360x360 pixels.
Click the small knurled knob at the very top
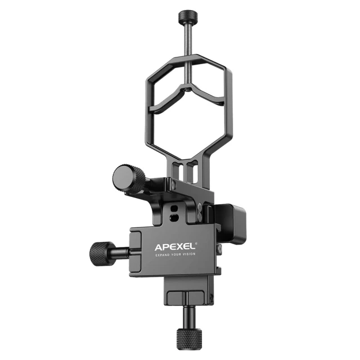[x=187, y=16]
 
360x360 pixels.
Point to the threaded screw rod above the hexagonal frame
[x=187, y=38]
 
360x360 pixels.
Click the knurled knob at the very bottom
[x=189, y=339]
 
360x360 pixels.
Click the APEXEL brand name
[x=175, y=247]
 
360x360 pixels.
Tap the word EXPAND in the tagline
[x=163, y=255]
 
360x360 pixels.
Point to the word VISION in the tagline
[x=189, y=254]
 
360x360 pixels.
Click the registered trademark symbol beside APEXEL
[x=196, y=244]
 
